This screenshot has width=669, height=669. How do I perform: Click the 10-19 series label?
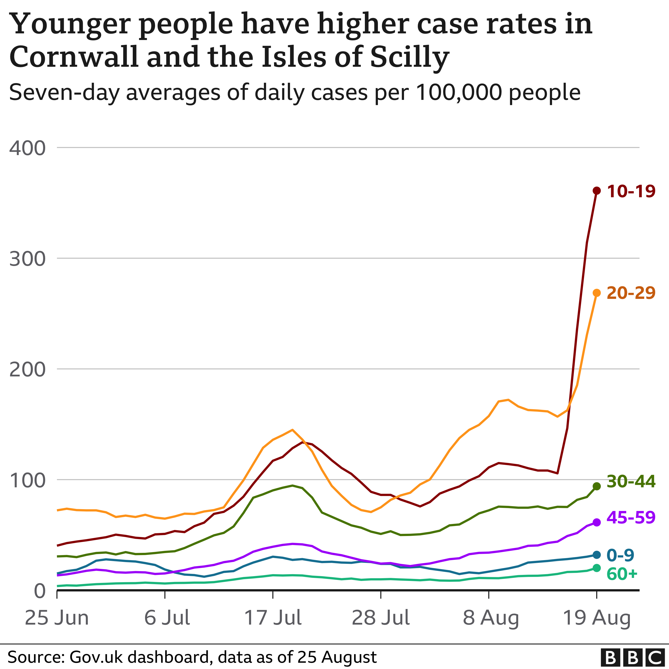[x=631, y=191]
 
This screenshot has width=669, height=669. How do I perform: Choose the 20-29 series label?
[x=631, y=293]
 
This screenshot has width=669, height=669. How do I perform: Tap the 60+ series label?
[x=622, y=574]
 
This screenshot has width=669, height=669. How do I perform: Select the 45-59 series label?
[x=631, y=518]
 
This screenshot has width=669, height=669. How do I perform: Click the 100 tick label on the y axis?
[x=27, y=480]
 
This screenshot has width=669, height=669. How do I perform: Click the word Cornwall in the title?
[x=74, y=57]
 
